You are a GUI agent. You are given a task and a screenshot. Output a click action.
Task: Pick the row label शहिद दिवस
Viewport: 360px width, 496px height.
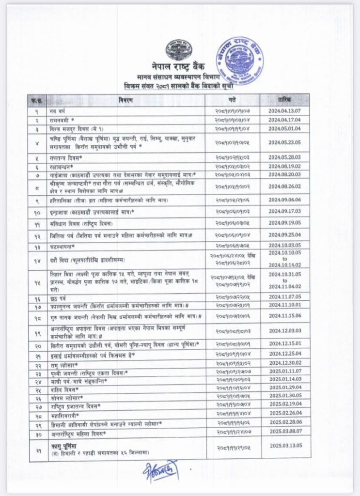tap(63, 387)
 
